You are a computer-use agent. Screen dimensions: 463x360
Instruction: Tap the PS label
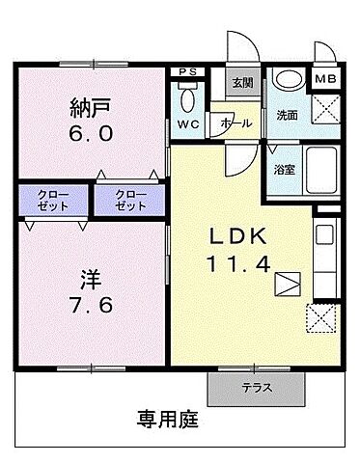(x=188, y=71)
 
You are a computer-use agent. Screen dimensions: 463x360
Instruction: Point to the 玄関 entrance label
(x=240, y=84)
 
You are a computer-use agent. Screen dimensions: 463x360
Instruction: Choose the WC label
(x=188, y=123)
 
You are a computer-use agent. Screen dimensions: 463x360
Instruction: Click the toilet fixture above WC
(x=188, y=96)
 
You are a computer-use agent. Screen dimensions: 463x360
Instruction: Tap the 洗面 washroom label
(x=286, y=115)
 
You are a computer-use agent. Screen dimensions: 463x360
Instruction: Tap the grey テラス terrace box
(x=255, y=388)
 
